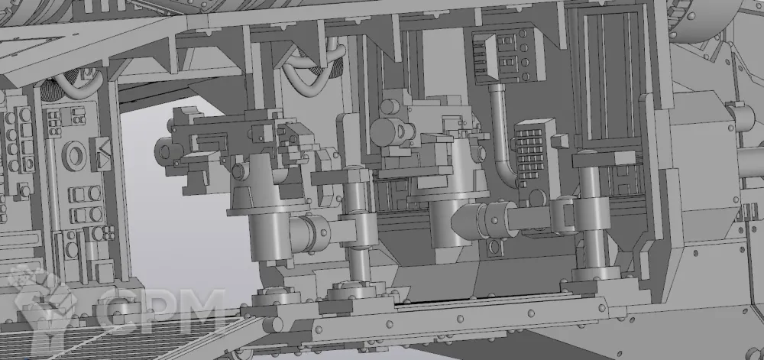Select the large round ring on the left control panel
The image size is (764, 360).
click(75, 155)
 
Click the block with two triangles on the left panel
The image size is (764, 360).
click(100, 153)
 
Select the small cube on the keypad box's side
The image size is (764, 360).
click(560, 141)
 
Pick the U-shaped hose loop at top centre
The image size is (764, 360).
click(314, 68)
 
